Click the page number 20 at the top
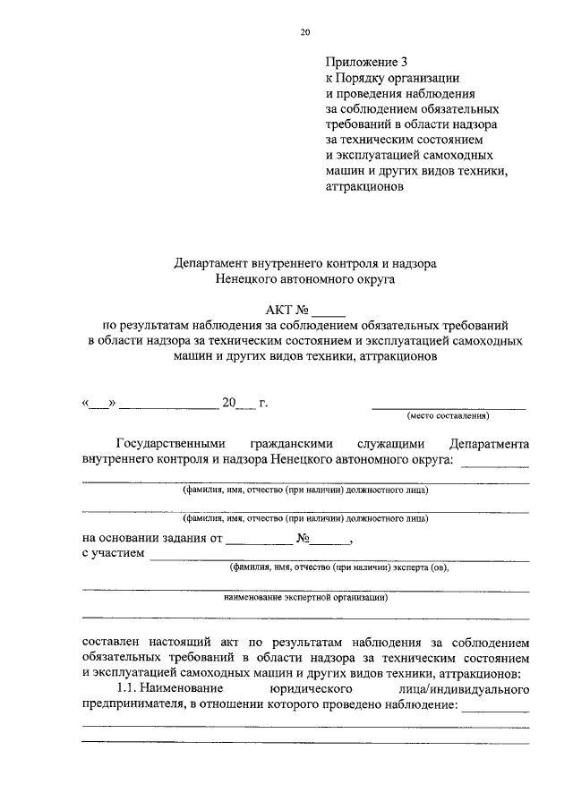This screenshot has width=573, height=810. point(305,32)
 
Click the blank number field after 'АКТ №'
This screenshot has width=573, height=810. point(328,312)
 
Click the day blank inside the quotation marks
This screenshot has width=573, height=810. point(98,405)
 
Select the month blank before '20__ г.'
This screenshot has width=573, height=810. point(168,405)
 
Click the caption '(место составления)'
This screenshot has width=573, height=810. point(448,416)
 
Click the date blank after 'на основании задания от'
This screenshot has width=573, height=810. point(259,541)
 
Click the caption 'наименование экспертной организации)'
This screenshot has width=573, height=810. point(304,596)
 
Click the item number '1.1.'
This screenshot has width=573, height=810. point(131,689)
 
